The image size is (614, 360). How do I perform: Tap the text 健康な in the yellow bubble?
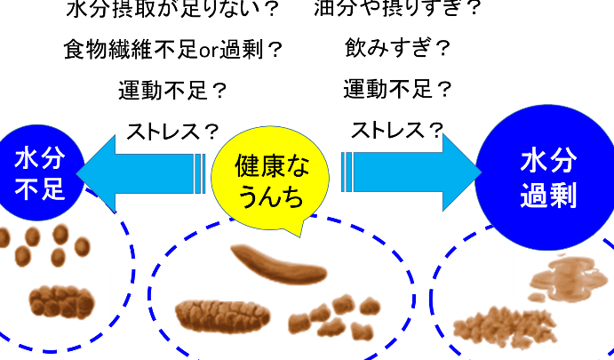pos(270,165)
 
